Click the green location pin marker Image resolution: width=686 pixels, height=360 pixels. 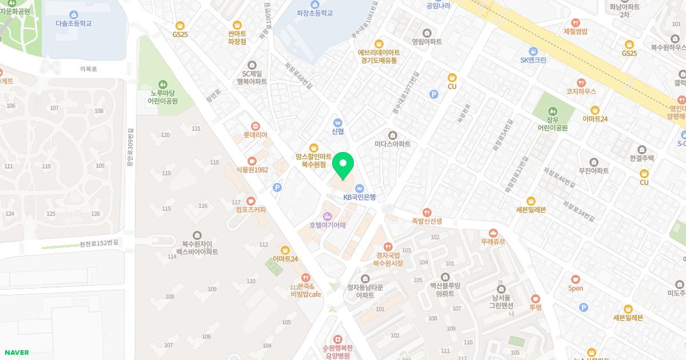343,166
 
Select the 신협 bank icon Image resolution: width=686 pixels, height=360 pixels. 338,122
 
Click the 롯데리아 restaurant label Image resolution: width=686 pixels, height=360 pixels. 255,135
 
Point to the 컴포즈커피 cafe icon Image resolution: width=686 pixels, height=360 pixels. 250,201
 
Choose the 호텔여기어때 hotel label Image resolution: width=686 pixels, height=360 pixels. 328,225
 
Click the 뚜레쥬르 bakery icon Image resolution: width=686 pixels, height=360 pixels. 493,233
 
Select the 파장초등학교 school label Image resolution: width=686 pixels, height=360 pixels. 314,13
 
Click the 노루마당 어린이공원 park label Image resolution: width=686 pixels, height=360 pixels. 163,97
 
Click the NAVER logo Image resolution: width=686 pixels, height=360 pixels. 16,353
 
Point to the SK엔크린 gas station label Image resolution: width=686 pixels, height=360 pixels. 533,60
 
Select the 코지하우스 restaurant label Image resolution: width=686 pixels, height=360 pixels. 581,91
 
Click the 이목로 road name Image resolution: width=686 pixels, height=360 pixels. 89,69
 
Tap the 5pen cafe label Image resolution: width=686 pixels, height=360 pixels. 575,288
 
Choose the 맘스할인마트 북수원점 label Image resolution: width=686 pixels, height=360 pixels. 313,160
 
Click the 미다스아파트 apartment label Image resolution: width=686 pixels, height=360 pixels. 392,144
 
